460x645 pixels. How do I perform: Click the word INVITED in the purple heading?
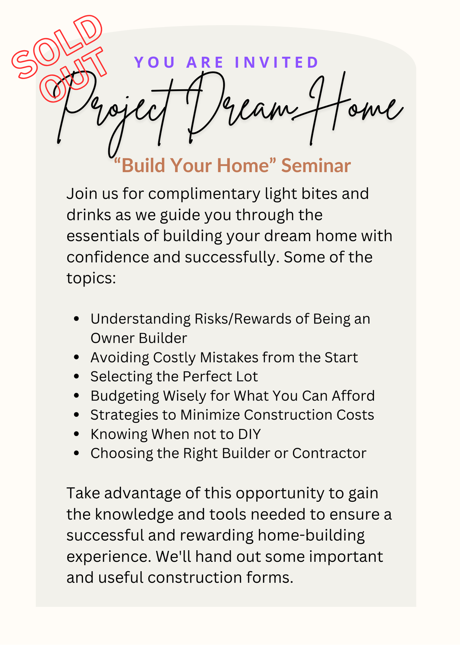point(277,62)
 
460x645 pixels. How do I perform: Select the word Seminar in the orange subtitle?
point(316,165)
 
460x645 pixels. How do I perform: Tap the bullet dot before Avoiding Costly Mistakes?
point(76,357)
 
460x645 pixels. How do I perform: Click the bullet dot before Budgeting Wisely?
point(76,396)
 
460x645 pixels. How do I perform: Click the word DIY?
point(249,434)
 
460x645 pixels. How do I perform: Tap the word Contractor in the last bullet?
point(329,453)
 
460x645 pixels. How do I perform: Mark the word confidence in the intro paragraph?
point(108,257)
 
